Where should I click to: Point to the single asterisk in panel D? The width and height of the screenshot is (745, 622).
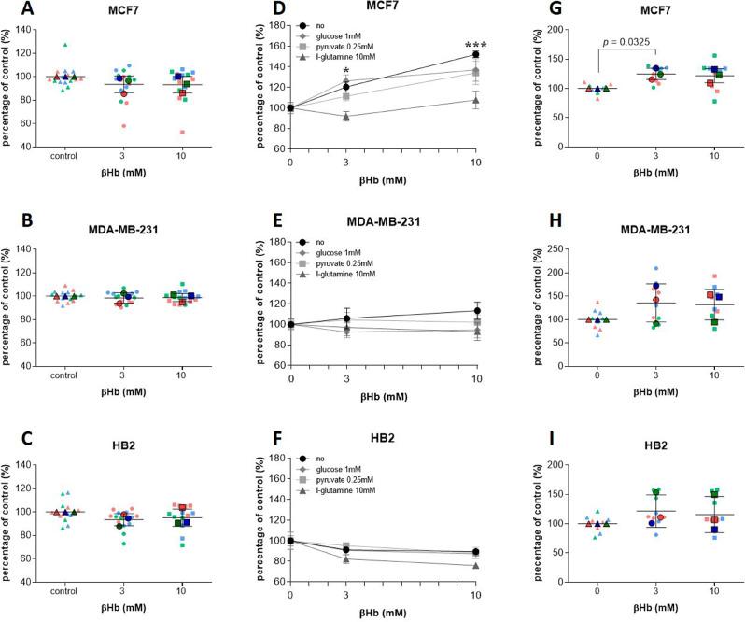[x=346, y=71]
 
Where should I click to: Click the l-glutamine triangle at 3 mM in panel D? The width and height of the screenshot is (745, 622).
[x=346, y=117]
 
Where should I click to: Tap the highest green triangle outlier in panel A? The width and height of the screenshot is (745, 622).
[x=65, y=44]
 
